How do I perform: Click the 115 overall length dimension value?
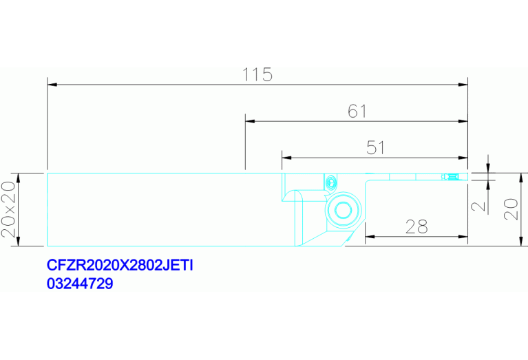(257, 75)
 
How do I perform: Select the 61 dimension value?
(357, 111)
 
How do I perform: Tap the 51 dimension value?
(375, 148)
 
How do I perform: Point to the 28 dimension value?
(416, 226)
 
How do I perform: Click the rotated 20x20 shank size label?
(8, 209)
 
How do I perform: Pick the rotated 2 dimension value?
(478, 206)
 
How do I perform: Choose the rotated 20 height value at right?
(511, 209)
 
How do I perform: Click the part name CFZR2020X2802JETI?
(120, 266)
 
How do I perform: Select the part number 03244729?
(80, 284)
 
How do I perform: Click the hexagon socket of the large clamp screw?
(343, 211)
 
